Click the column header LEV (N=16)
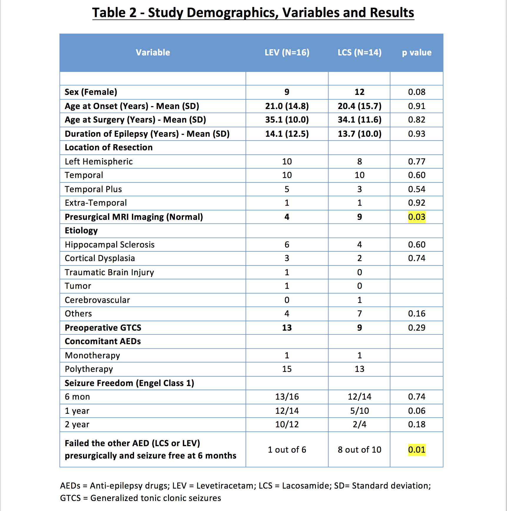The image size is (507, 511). tap(287, 52)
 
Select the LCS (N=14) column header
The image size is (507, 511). tap(359, 52)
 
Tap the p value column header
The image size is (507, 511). tap(417, 52)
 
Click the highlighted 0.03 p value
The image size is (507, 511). tap(417, 217)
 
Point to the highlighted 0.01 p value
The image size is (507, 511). tap(417, 450)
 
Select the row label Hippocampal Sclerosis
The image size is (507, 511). tap(110, 245)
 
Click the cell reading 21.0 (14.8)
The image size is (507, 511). tap(287, 106)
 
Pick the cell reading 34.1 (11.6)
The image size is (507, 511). tap(359, 120)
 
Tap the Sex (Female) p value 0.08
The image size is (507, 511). tap(417, 92)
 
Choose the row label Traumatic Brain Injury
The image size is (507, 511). tap(109, 272)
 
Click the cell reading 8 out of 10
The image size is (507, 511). tap(359, 450)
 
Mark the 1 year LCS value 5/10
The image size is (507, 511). tap(359, 411)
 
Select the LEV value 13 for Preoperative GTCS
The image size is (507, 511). tap(287, 328)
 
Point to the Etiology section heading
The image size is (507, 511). tap(81, 230)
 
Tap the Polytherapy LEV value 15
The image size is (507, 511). tap(287, 369)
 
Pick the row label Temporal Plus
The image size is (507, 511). tap(93, 189)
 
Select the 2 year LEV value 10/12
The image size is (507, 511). tap(287, 424)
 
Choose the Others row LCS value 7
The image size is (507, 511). tap(359, 314)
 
